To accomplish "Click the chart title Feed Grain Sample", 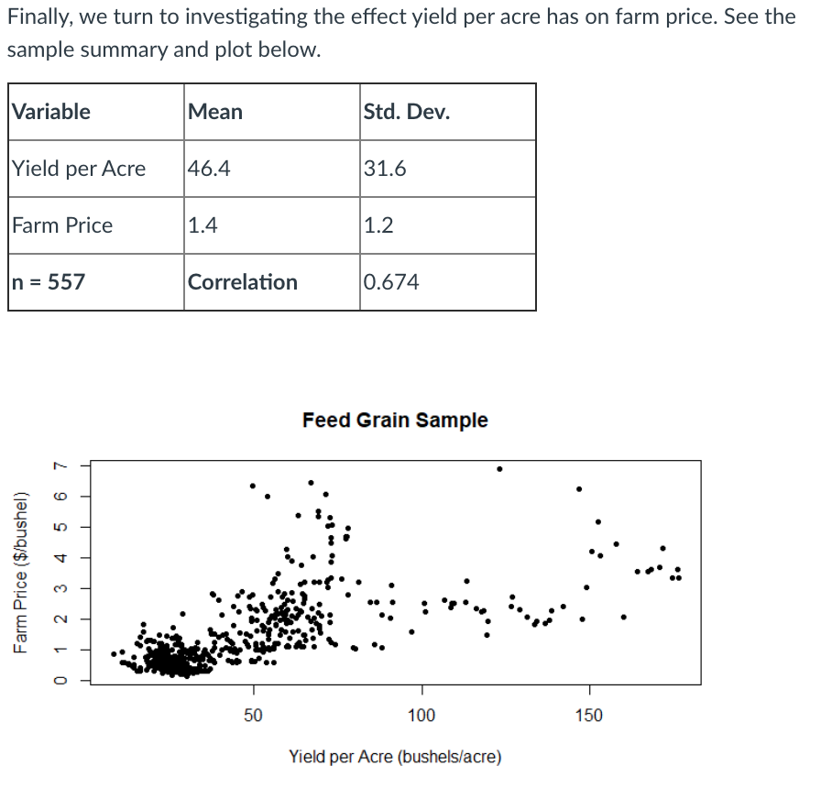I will [x=395, y=421].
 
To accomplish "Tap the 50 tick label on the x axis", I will [x=254, y=715].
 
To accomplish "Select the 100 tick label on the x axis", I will [x=421, y=715].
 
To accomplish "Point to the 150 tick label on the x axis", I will [x=589, y=715].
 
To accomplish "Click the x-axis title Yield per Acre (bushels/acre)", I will [x=395, y=757].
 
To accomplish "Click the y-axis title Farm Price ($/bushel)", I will [x=20, y=574].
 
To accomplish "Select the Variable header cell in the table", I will [x=51, y=112].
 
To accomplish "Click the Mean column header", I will [x=215, y=112].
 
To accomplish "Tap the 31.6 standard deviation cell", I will [x=385, y=169].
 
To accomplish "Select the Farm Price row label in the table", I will [x=62, y=225].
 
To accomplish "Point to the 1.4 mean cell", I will [x=202, y=225].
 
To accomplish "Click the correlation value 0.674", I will [x=391, y=282].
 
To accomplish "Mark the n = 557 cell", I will [x=49, y=282].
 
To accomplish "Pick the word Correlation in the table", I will [x=243, y=282].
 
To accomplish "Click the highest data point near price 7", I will [x=499, y=468].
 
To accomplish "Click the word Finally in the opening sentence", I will [x=38, y=16].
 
